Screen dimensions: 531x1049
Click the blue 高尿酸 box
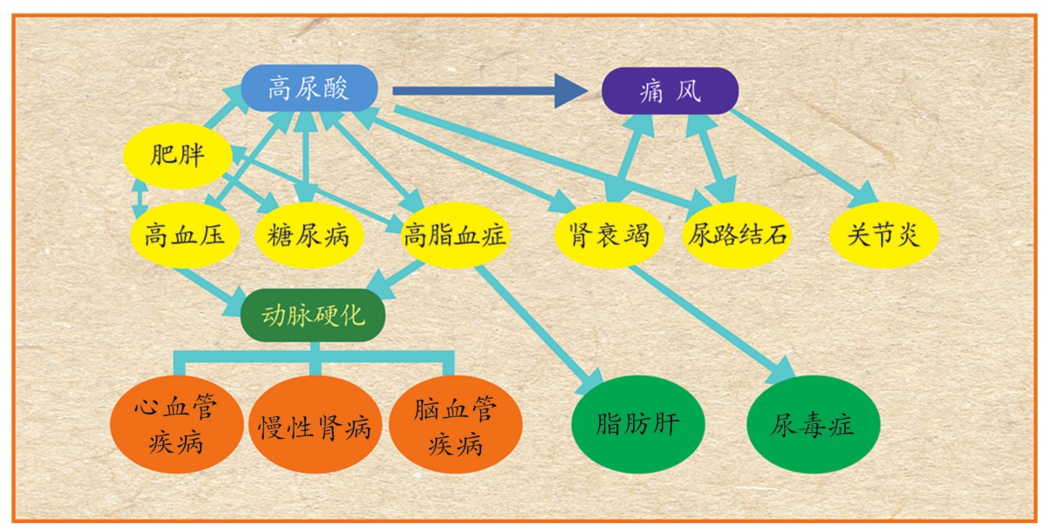tap(308, 88)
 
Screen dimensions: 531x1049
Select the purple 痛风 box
tap(670, 91)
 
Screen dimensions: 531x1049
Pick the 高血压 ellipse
tap(180, 235)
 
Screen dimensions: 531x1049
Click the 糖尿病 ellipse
tap(307, 235)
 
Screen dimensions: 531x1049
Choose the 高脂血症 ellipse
tap(455, 235)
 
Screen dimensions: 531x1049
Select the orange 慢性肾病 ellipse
tap(314, 426)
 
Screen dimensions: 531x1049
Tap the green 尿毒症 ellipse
tap(813, 425)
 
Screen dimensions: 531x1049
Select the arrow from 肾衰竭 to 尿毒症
tap(708, 321)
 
